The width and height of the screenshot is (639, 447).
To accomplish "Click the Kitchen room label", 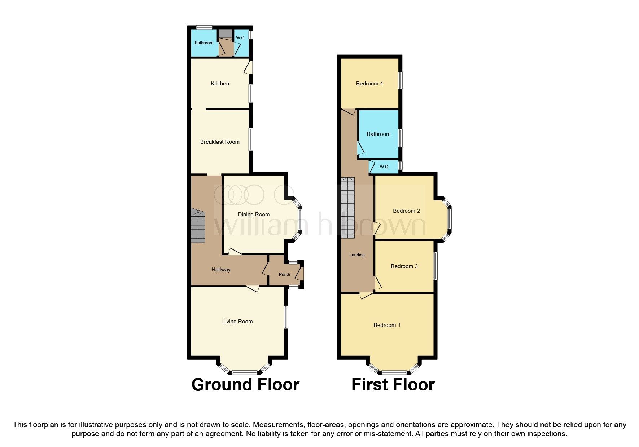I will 220,84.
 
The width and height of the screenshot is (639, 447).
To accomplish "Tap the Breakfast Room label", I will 220,142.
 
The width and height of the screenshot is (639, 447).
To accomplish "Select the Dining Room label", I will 254,214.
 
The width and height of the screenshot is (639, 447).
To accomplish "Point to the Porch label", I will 284,275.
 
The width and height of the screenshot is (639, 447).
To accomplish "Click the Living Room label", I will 237,322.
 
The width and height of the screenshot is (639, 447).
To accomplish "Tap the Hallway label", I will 221,270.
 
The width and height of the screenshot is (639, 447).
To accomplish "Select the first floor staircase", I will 348,208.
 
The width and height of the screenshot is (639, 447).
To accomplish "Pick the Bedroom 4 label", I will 369,84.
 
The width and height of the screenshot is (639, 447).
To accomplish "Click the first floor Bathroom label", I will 378,134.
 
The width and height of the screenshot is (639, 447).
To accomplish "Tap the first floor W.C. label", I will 384,167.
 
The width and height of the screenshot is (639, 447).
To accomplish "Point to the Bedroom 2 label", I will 406,211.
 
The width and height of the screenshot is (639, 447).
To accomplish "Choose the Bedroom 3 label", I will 404,266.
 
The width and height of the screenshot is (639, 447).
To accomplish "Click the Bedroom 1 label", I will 387,325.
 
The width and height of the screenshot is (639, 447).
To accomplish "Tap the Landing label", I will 357,255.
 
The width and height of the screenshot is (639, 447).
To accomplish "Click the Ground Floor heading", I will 245,385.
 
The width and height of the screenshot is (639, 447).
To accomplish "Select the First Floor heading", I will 393,385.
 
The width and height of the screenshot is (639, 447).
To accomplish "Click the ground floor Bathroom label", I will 204,43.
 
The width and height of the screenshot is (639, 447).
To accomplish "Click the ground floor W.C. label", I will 240,38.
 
